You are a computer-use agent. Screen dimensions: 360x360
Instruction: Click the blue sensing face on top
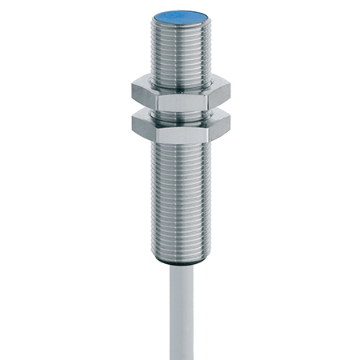[x=179, y=15]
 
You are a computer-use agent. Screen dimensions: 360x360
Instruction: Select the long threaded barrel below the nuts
[x=180, y=200]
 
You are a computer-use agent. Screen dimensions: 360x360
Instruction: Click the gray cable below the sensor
[x=181, y=312]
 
